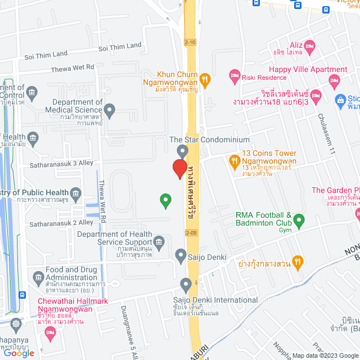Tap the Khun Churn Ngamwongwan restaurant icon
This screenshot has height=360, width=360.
click(205, 80)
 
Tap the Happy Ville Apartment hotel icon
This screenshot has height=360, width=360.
click(335, 80)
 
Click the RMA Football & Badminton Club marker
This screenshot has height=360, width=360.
click(299, 219)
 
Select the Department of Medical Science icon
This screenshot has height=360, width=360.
click(110, 110)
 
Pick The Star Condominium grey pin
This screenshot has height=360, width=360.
click(182, 151)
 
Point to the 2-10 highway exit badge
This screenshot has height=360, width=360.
click(190, 42)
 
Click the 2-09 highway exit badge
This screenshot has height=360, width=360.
click(190, 232)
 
